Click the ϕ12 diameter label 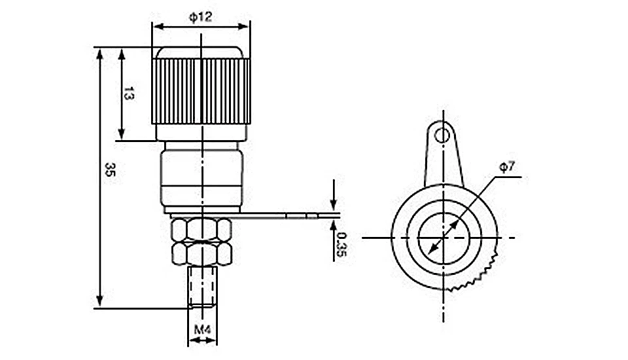[x=200, y=16]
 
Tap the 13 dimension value [x=129, y=94]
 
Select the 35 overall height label [x=109, y=170]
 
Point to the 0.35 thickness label [x=341, y=245]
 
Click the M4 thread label [x=202, y=329]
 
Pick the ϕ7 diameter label [x=507, y=166]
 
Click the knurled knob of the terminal [x=201, y=91]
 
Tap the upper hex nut [x=201, y=229]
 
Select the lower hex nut [x=202, y=254]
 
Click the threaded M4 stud [x=202, y=287]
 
